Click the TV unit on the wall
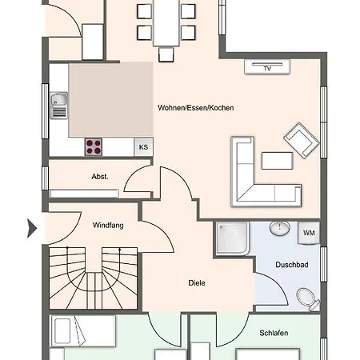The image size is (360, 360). tap(267, 66)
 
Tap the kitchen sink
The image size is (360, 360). tap(58, 106)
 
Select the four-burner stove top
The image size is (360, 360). tap(94, 147)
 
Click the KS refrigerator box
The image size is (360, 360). tap(143, 147)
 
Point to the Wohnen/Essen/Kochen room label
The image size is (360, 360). tap(196, 108)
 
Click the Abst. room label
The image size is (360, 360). tap(100, 177)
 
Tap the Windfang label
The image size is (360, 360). tap(108, 226)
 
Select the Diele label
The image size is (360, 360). tap(197, 282)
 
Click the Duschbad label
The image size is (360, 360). tap(292, 265)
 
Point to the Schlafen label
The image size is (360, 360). tap(274, 333)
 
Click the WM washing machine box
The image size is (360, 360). tap(309, 233)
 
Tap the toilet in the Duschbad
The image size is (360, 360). tap(309, 299)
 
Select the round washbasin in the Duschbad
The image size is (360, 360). tap(279, 228)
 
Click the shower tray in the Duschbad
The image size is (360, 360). tap(232, 238)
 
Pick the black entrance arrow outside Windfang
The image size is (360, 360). tap(32, 228)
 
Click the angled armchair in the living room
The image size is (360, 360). tap(302, 140)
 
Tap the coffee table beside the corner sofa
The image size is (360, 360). tap(278, 161)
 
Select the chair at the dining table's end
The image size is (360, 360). tap(166, 54)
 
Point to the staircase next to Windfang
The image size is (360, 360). tap(94, 278)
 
